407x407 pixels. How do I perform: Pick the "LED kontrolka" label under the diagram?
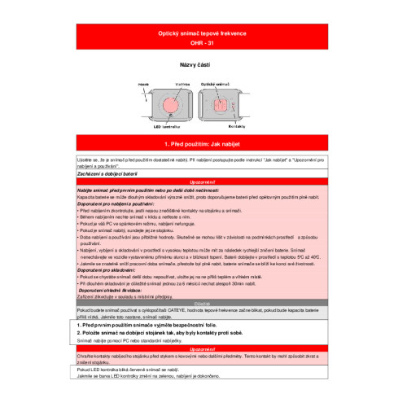pyautogui.click(x=167, y=126)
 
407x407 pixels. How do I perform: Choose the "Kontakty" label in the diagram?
pyautogui.click(x=238, y=126)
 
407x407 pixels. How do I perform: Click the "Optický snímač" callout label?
pyautogui.click(x=218, y=84)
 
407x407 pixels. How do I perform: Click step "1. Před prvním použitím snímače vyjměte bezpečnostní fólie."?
pyautogui.click(x=154, y=325)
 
